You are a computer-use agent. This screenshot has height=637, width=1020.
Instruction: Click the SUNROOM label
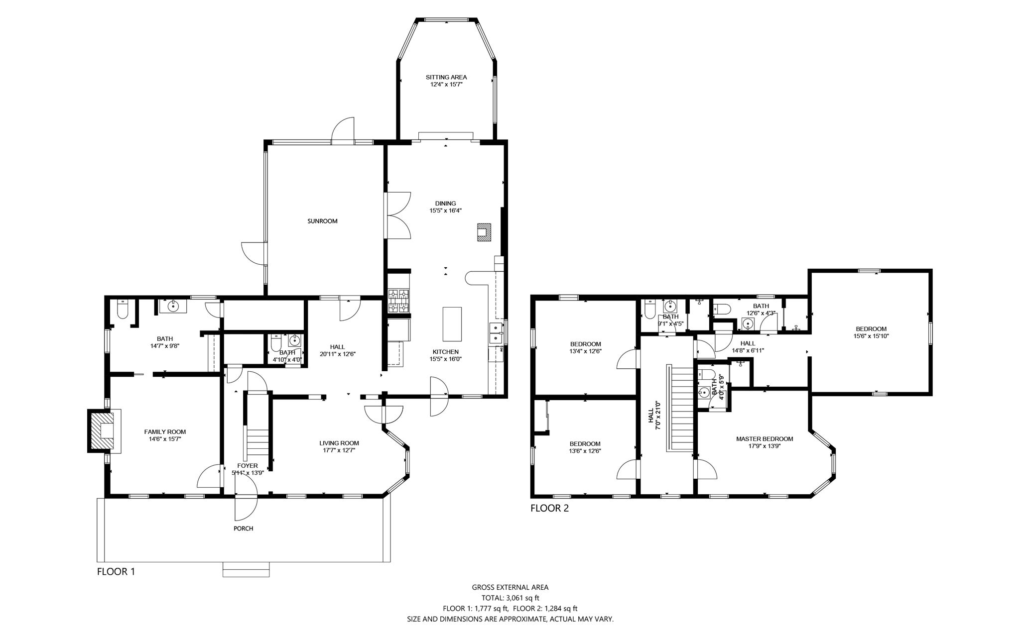click(x=322, y=221)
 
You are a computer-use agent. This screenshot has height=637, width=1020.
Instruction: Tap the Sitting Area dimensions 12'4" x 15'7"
click(x=446, y=85)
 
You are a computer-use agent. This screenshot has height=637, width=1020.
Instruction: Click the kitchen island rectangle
click(x=452, y=324)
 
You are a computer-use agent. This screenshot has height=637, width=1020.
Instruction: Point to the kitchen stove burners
click(x=398, y=301)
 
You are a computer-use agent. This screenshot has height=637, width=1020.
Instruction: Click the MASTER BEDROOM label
click(x=765, y=439)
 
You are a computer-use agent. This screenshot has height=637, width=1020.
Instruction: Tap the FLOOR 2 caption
click(x=549, y=508)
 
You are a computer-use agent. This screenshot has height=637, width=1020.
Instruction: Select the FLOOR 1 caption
click(x=116, y=571)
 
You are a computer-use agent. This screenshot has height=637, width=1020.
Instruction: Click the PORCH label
click(x=243, y=529)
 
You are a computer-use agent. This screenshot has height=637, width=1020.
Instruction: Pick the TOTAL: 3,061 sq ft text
click(x=510, y=598)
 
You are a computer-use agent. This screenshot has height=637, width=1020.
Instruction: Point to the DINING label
click(x=445, y=203)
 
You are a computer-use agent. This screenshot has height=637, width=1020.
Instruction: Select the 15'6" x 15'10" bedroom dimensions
click(x=871, y=336)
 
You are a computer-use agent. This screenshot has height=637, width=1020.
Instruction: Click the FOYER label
click(x=248, y=466)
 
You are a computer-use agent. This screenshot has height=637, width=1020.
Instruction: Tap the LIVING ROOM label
click(x=339, y=443)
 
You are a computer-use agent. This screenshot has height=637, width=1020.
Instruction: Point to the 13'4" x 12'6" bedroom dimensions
click(x=585, y=351)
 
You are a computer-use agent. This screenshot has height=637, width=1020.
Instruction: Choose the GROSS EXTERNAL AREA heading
click(x=510, y=587)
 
